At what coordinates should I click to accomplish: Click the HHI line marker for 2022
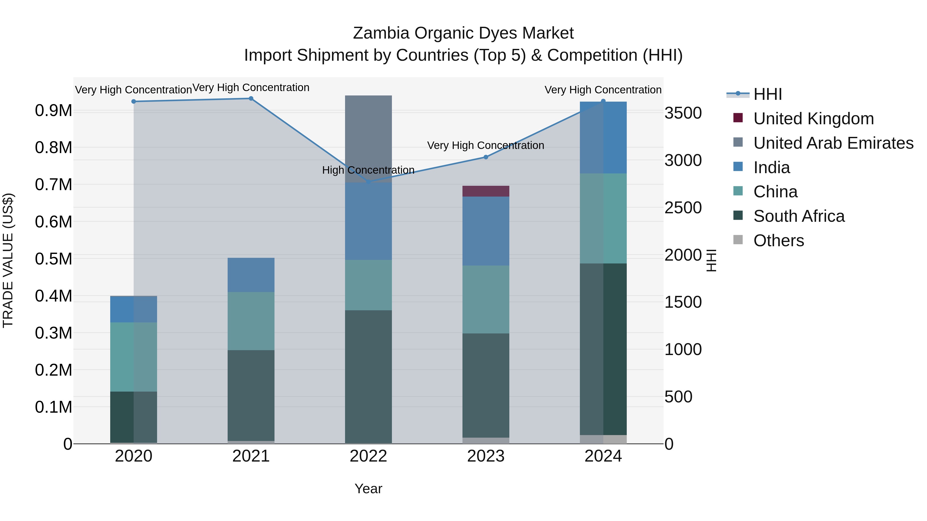(x=368, y=182)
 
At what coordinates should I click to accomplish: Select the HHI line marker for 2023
(x=485, y=157)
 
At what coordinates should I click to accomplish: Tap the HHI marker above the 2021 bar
(x=251, y=99)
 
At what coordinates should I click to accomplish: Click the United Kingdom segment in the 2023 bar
(x=485, y=191)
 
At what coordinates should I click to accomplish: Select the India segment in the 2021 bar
(x=251, y=275)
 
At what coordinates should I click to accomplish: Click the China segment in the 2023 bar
(x=485, y=299)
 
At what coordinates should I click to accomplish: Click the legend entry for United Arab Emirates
(x=833, y=143)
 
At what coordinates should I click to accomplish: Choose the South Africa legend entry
(x=799, y=216)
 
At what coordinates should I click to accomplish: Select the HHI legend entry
(x=767, y=94)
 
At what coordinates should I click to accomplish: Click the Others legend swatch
(x=738, y=240)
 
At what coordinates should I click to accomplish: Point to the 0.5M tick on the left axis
(x=53, y=259)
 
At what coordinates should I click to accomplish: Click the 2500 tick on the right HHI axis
(x=683, y=208)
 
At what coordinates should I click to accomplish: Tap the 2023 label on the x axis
(x=485, y=456)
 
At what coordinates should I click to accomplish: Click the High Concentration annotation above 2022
(x=368, y=170)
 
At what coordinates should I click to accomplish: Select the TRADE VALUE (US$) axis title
(x=8, y=260)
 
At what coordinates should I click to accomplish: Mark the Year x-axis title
(x=368, y=489)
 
